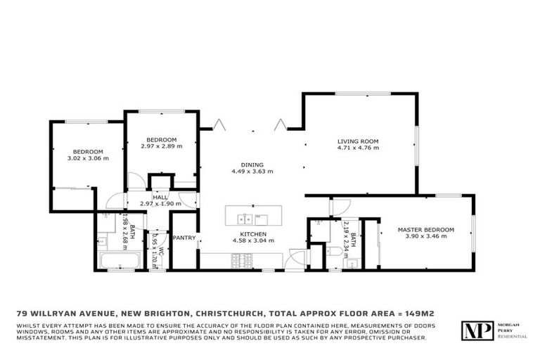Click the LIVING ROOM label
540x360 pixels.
click(358, 141)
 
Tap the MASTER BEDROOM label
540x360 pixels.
click(425, 229)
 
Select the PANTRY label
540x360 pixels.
click(184, 238)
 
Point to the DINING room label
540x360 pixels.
click(252, 163)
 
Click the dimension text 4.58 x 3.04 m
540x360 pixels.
click(252, 241)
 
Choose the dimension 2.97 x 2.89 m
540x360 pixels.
click(161, 146)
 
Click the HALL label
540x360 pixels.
click(160, 197)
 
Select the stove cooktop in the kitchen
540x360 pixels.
click(241, 262)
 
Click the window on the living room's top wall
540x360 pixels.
click(372, 94)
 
